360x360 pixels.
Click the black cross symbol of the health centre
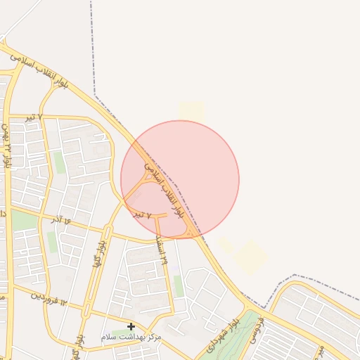[131, 326]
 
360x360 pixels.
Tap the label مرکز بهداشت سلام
[131, 338]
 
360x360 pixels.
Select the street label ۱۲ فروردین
[47, 298]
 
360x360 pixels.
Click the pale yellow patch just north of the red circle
[191, 111]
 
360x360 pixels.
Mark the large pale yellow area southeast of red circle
[250, 257]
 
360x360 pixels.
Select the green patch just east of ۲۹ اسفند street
[179, 285]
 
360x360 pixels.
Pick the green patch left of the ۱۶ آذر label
[25, 221]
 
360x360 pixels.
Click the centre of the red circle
[180, 179]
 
